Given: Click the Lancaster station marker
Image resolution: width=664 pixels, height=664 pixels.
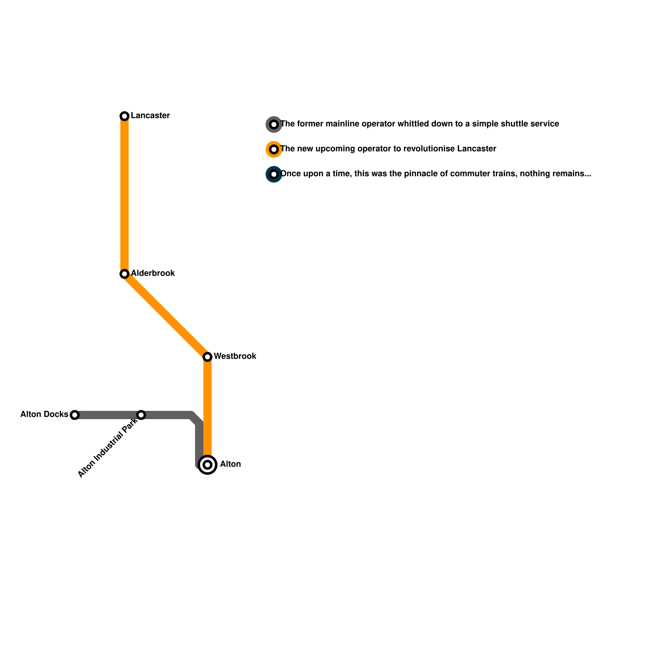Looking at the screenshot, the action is (x=124, y=116).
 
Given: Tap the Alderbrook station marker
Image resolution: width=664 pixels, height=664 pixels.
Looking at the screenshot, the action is (x=124, y=274).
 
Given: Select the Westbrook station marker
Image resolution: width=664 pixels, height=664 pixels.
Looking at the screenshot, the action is (x=208, y=357).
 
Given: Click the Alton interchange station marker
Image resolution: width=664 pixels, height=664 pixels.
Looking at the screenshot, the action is (x=208, y=465).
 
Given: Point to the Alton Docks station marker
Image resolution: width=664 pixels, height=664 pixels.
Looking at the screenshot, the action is (x=75, y=415).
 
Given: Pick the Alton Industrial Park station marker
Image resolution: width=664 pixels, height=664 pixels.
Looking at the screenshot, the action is (x=141, y=415).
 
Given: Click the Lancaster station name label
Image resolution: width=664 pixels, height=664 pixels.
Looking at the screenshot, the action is (x=150, y=116).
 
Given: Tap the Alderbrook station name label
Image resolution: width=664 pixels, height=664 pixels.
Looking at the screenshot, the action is (x=153, y=273).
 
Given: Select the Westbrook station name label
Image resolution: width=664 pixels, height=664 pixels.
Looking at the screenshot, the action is (x=235, y=356).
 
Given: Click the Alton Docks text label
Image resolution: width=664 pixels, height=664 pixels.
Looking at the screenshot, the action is (x=44, y=415).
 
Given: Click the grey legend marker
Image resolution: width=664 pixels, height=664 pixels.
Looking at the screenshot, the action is (x=274, y=124).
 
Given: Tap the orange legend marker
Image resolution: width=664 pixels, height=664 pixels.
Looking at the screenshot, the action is (x=274, y=149).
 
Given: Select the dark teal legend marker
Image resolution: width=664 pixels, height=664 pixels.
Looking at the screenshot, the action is (x=274, y=174).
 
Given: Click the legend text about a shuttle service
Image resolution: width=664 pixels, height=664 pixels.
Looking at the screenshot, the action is (x=420, y=124).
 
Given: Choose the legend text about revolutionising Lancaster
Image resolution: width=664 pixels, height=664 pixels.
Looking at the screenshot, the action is (x=388, y=149).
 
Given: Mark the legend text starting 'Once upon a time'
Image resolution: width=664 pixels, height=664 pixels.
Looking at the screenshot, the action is (x=436, y=174).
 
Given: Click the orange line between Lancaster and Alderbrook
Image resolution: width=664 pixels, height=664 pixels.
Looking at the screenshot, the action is (x=124, y=195).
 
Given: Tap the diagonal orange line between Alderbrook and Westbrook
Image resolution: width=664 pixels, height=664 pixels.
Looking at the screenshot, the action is (x=166, y=315).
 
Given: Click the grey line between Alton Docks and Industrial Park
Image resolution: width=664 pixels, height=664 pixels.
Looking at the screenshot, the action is (x=108, y=415).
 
